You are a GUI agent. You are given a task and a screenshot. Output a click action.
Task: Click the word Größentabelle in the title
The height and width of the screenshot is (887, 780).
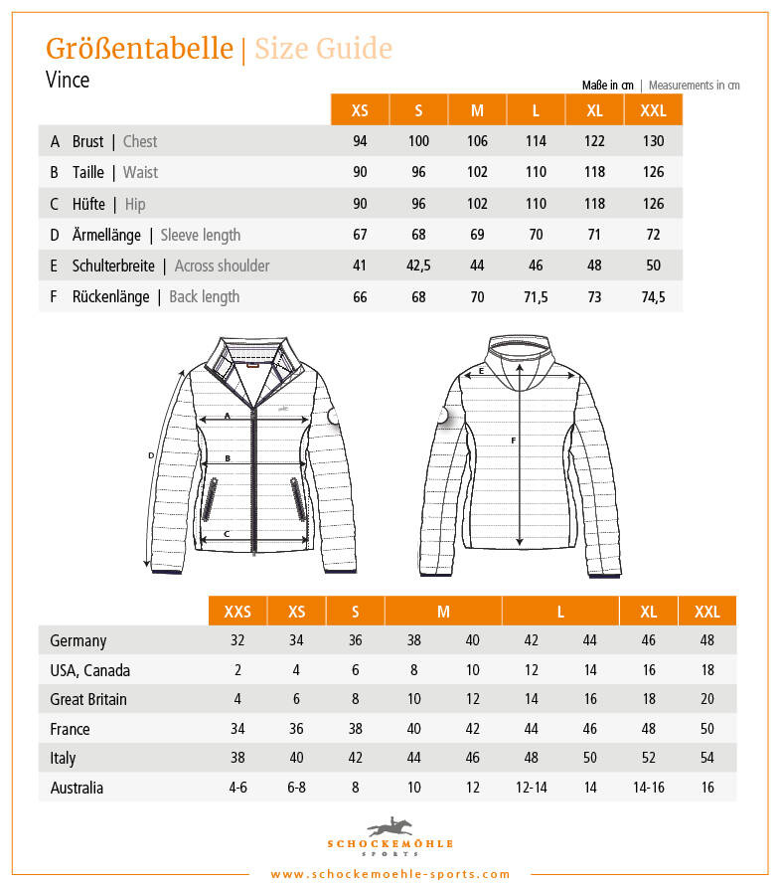click(x=139, y=49)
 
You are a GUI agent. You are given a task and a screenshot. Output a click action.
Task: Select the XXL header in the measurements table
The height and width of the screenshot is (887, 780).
click(x=653, y=110)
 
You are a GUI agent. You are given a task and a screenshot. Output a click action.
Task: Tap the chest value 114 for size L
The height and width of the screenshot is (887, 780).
click(x=536, y=141)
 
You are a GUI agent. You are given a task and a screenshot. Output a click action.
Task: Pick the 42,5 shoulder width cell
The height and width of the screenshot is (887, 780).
click(x=418, y=266)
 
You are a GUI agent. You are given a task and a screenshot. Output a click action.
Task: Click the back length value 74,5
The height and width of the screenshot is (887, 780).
click(x=653, y=296)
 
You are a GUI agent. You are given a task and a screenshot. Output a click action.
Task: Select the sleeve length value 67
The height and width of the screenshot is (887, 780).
click(x=360, y=235)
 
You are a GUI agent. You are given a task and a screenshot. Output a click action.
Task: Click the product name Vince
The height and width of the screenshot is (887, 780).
click(x=68, y=81)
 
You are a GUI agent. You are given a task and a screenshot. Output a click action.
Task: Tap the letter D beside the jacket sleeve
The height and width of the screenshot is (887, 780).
click(x=150, y=455)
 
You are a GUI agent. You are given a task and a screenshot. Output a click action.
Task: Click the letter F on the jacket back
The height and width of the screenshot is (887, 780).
click(x=513, y=440)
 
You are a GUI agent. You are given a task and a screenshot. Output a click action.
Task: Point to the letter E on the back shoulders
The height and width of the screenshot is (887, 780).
click(x=481, y=371)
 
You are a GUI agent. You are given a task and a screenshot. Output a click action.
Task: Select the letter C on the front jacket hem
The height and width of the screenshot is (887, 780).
click(x=227, y=534)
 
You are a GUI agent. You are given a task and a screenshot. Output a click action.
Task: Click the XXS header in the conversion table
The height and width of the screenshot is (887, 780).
click(x=237, y=611)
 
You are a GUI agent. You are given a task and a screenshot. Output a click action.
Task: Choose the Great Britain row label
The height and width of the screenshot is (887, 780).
click(x=88, y=699)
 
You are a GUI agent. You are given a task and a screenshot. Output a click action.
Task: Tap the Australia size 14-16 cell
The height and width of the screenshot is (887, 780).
click(x=648, y=788)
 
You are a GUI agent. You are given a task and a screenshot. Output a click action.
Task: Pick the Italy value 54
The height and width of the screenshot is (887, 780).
click(x=706, y=758)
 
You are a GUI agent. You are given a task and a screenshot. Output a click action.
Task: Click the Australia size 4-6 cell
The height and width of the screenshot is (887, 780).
click(x=237, y=788)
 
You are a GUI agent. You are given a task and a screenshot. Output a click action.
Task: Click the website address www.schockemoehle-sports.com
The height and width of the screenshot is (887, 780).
click(x=390, y=874)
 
